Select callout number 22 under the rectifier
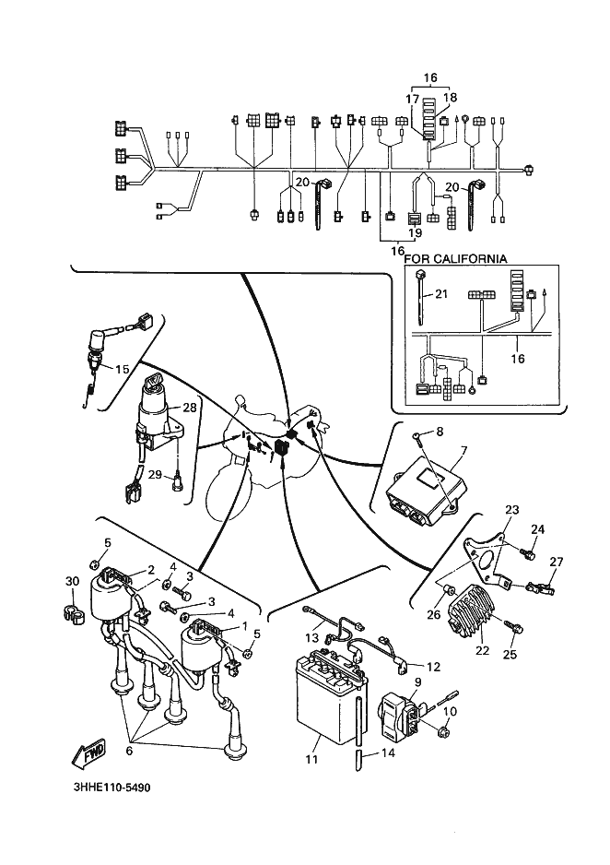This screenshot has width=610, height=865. click(x=480, y=650)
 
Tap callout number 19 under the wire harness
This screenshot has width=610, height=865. click(x=415, y=233)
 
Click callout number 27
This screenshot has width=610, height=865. click(x=556, y=561)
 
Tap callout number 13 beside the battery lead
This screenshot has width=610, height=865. click(x=311, y=637)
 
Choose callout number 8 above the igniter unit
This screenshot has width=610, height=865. click(x=440, y=431)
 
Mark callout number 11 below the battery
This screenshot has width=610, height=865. click(x=311, y=759)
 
